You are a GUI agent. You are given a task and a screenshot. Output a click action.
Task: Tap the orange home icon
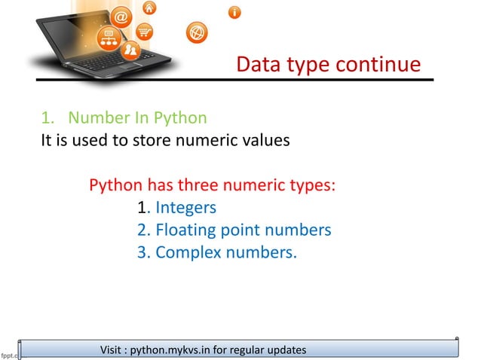tap(149, 8)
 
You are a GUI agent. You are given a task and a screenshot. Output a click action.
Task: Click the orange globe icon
tap(195, 32)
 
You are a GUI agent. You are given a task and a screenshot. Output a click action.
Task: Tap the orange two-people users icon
tap(131, 50)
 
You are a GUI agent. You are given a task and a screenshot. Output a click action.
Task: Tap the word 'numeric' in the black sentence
tap(204, 140)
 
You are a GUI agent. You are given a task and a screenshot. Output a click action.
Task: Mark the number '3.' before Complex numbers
tap(144, 252)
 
